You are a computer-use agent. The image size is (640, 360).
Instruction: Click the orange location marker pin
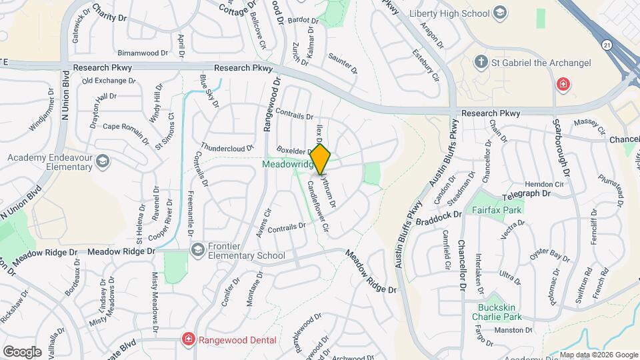click(321, 159)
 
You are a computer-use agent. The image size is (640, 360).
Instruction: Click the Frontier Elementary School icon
click(197, 249)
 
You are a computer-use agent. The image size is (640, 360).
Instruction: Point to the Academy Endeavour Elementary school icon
click(103, 161)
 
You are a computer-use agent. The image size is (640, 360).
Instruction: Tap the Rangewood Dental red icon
click(189, 339)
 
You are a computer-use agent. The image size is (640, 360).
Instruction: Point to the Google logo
click(23, 351)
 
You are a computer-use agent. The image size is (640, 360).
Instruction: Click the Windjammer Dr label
click(41, 118)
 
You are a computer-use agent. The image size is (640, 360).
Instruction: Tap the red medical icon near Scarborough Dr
click(563, 85)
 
